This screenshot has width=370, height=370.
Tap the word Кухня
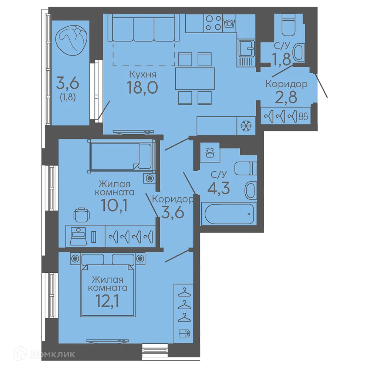click(143, 74)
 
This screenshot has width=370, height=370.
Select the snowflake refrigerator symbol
click(246, 126)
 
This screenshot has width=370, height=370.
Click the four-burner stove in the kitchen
click(213, 23)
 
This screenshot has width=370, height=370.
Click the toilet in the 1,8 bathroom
click(288, 24)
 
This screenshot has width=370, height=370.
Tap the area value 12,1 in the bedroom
click(107, 301)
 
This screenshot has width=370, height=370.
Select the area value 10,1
click(114, 205)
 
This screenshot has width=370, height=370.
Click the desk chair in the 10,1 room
click(81, 215)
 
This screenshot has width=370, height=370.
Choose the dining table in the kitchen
click(195, 78)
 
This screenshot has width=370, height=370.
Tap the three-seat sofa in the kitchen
click(144, 28)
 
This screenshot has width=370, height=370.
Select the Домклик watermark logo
click(45, 354)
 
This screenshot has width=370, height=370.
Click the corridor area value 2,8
click(286, 97)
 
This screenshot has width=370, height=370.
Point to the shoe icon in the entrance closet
click(303, 116)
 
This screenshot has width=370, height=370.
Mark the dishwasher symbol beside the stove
click(229, 23)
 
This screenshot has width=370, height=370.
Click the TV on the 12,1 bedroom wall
click(107, 341)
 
